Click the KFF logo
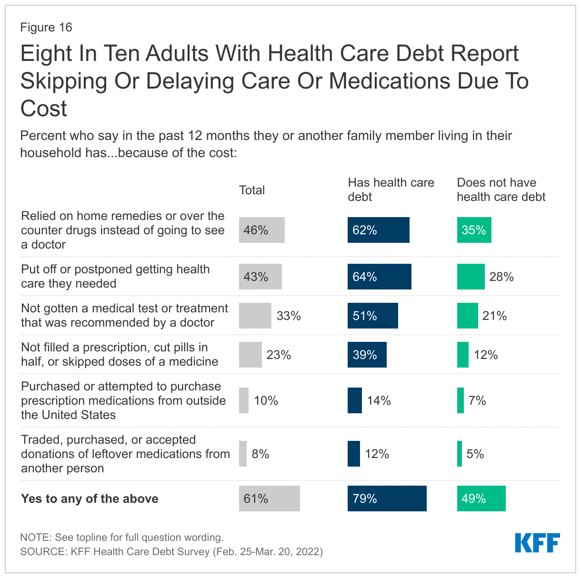[x=537, y=543]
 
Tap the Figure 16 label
[x=46, y=27]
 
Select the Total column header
[x=251, y=190]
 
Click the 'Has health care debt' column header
[x=391, y=189]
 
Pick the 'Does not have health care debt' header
[x=501, y=189]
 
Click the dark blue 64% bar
[x=379, y=277]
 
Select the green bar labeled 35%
[x=474, y=230]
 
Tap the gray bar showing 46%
[x=261, y=230]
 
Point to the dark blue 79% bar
[x=387, y=498]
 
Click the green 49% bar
[x=481, y=498]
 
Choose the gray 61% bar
[x=269, y=498]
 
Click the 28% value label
[x=501, y=277]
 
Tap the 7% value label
[x=477, y=400]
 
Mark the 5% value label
[x=475, y=454]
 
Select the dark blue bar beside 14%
[x=354, y=400]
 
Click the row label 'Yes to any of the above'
[x=90, y=498]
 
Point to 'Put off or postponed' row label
[x=115, y=276]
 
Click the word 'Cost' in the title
[x=44, y=109]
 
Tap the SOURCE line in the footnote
[x=171, y=551]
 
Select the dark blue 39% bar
[x=367, y=355]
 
